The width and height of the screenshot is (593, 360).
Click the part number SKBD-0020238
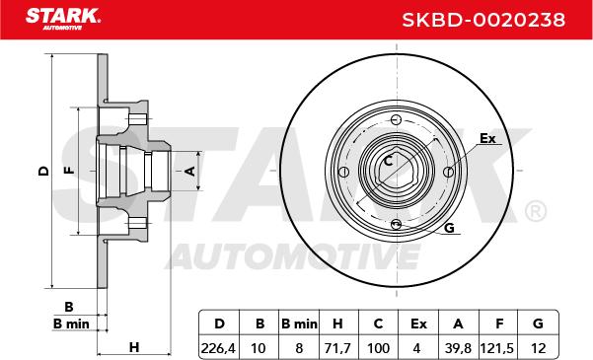tap(483, 20)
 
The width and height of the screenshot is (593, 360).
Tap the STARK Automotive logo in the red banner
tap(63, 19)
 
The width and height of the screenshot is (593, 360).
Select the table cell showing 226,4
tap(218, 348)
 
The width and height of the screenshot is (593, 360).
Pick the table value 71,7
tap(336, 348)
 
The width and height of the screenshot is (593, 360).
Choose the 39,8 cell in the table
tap(458, 348)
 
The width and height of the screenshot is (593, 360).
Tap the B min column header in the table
tap(299, 324)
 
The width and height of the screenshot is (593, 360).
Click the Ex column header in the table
tap(418, 324)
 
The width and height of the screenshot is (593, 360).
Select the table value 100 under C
tap(378, 348)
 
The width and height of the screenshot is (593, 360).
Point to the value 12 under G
tap(538, 348)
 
